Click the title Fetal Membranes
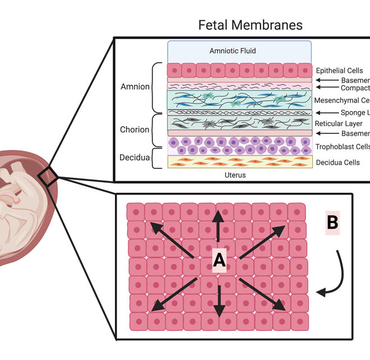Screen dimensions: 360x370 click(x=250, y=25)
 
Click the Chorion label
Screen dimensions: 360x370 click(x=135, y=130)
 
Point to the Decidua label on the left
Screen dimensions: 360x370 click(x=134, y=158)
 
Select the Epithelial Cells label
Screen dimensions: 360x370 click(x=340, y=71)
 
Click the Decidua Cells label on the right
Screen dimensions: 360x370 click(x=339, y=163)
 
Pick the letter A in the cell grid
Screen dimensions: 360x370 click(x=219, y=259)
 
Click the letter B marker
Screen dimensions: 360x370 click(x=332, y=223)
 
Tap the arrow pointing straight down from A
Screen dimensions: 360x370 click(x=219, y=298)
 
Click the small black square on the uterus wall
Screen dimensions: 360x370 click(x=48, y=177)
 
